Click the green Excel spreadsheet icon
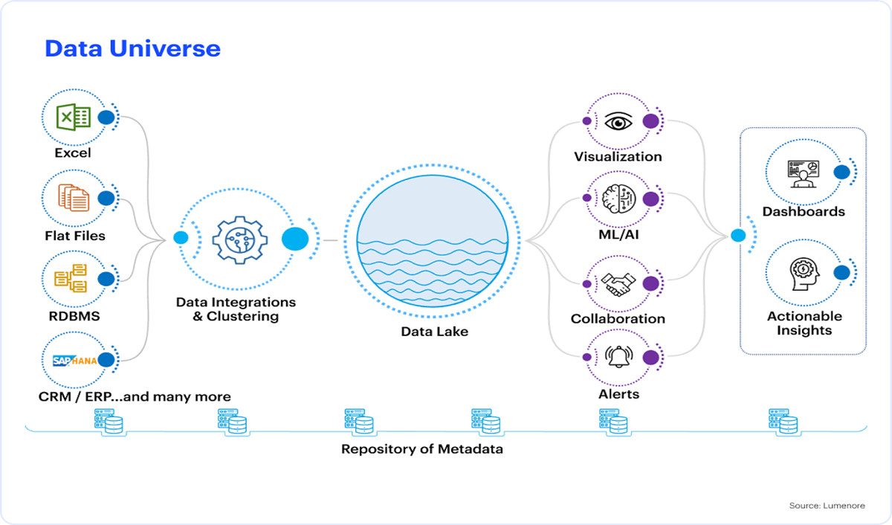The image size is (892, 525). tap(74, 117)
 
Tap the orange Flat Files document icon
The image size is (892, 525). tap(74, 198)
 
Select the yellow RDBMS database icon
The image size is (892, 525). tap(71, 278)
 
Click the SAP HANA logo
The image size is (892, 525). tap(75, 361)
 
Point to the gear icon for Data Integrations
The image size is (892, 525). tap(239, 240)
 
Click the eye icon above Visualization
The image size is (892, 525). tap(618, 121)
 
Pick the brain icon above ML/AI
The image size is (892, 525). tap(618, 199)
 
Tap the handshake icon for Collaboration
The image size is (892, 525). tap(618, 284)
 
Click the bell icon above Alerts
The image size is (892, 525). tap(618, 356)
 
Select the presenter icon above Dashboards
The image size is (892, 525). tap(804, 174)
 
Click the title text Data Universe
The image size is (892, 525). tap(132, 48)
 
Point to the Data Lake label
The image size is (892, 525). tap(434, 332)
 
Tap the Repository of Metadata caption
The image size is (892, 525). tap(422, 449)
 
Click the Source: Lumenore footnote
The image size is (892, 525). tap(827, 506)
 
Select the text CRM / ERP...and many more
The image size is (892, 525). tap(135, 396)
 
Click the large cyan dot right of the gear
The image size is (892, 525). tap(295, 239)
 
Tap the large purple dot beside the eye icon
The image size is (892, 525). tap(650, 121)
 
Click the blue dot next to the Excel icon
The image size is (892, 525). tap(106, 117)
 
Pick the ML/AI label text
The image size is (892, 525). tap(618, 234)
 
